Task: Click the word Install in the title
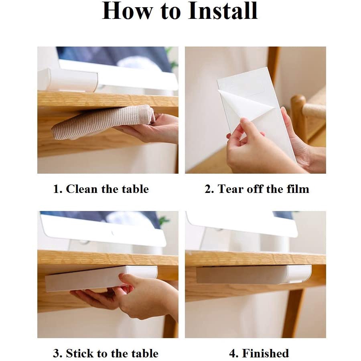(x=223, y=11)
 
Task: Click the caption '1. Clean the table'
(x=101, y=189)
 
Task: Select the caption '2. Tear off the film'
(x=257, y=189)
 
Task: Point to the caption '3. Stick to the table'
(x=105, y=353)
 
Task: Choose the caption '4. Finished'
(x=259, y=353)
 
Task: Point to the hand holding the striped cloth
(x=150, y=128)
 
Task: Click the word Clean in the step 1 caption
(x=82, y=189)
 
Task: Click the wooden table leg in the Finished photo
(x=294, y=313)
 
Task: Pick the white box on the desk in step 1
(x=68, y=79)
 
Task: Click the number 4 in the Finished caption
(x=233, y=353)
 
